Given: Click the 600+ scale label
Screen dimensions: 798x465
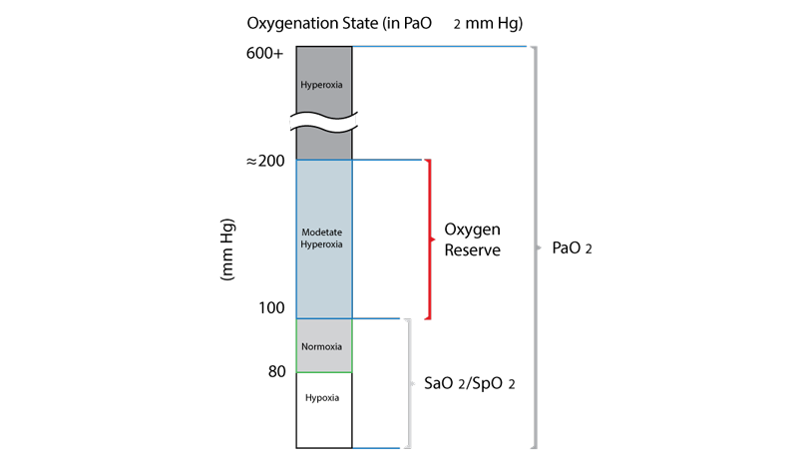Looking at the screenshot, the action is coord(264,53).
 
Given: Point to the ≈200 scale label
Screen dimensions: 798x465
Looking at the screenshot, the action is coord(265,161).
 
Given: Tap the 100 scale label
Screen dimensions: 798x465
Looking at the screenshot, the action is coord(271,307).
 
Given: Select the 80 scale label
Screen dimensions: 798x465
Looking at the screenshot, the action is coord(277,372).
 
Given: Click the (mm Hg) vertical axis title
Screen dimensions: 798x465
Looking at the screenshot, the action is coord(227,249).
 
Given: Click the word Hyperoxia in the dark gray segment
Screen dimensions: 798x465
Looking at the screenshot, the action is coord(321,85).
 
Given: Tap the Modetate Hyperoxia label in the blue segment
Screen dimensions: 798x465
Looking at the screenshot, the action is coord(321,237).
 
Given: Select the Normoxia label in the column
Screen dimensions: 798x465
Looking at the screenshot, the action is coord(321,346).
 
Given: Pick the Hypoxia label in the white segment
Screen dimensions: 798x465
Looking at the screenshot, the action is coord(322,398).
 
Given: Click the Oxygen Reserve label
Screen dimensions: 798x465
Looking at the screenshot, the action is coord(472,239).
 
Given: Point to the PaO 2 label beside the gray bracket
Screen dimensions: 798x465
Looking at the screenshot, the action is coord(572,248).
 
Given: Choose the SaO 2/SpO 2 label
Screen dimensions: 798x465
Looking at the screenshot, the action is coord(469,383).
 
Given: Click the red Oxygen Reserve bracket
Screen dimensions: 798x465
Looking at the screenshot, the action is coord(430,239).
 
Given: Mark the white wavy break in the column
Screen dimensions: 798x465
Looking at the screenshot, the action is coord(323,122).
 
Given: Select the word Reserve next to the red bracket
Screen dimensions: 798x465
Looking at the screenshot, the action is coord(472,250).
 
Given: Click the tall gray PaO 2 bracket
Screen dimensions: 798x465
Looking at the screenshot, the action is coord(535,247).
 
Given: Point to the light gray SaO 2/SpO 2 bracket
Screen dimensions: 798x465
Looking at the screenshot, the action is coord(409,383).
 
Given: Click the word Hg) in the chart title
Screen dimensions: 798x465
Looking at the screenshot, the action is coord(509,24).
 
